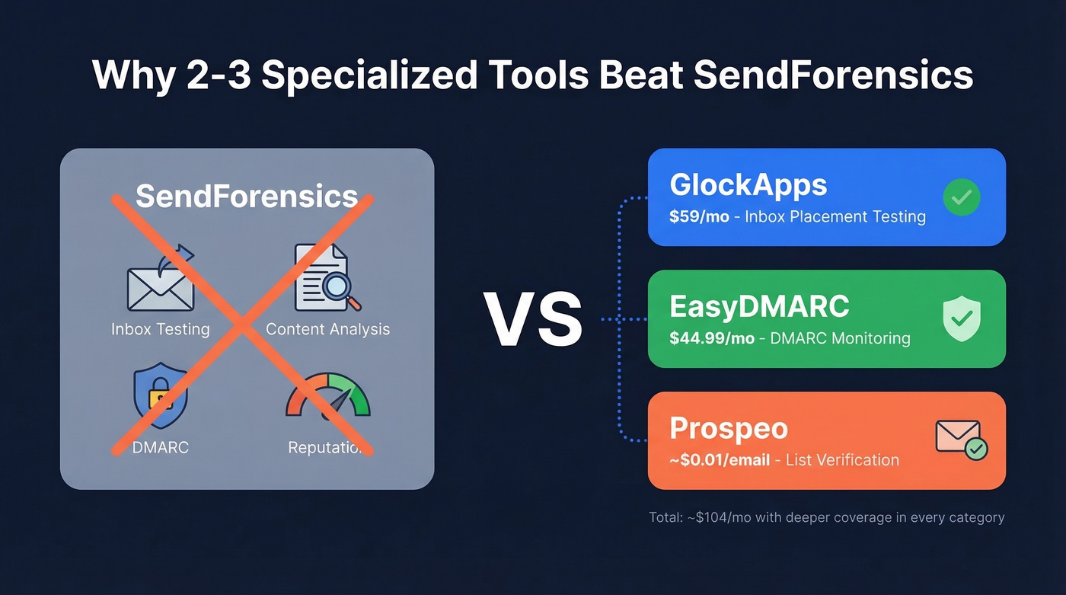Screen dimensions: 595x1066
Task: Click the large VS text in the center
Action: point(533,319)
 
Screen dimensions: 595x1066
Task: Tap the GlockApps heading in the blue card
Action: point(748,185)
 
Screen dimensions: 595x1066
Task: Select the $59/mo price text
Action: point(699,216)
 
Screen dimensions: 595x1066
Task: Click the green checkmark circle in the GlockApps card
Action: point(962,197)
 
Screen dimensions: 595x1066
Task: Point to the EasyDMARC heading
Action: point(759,306)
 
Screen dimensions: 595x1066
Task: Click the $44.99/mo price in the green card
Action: point(712,338)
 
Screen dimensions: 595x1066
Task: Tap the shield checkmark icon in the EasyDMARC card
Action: point(962,319)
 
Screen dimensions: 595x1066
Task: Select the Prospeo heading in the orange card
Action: point(729,428)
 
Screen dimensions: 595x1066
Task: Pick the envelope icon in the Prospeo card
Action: point(959,439)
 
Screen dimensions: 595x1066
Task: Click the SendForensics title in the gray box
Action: point(247,197)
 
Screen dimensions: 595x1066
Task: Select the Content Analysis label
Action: point(327,329)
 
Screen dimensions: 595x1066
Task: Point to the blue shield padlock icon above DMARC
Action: point(160,396)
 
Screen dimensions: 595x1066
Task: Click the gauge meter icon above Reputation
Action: point(327,396)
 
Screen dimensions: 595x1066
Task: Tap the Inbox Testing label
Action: point(160,329)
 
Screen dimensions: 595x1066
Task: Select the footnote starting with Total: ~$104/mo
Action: point(826,517)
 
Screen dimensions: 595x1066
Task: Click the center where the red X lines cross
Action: point(243,325)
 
